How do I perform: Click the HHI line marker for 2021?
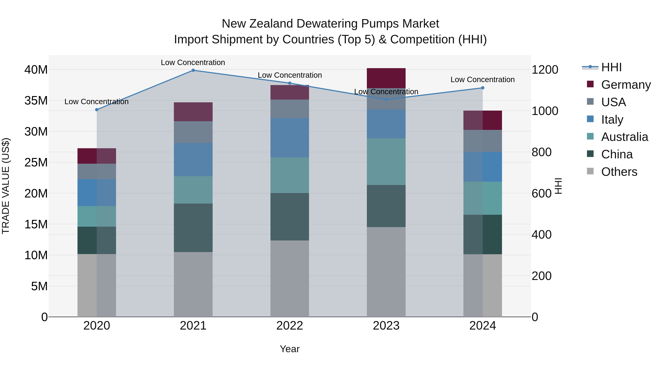click(x=193, y=70)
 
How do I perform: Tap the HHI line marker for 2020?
click(x=97, y=110)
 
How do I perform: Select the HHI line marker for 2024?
click(x=482, y=88)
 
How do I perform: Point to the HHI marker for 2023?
click(x=386, y=100)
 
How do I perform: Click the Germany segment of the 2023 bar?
click(x=386, y=78)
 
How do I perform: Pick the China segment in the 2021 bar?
click(x=193, y=228)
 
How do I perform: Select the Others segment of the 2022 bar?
click(x=290, y=278)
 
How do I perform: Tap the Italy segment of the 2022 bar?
click(x=290, y=138)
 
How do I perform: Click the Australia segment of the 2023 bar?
click(x=386, y=162)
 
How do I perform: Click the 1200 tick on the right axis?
click(x=545, y=70)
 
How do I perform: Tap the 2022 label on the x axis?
click(x=290, y=326)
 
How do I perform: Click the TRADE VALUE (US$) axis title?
click(x=6, y=186)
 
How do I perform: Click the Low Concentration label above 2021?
click(x=193, y=62)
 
